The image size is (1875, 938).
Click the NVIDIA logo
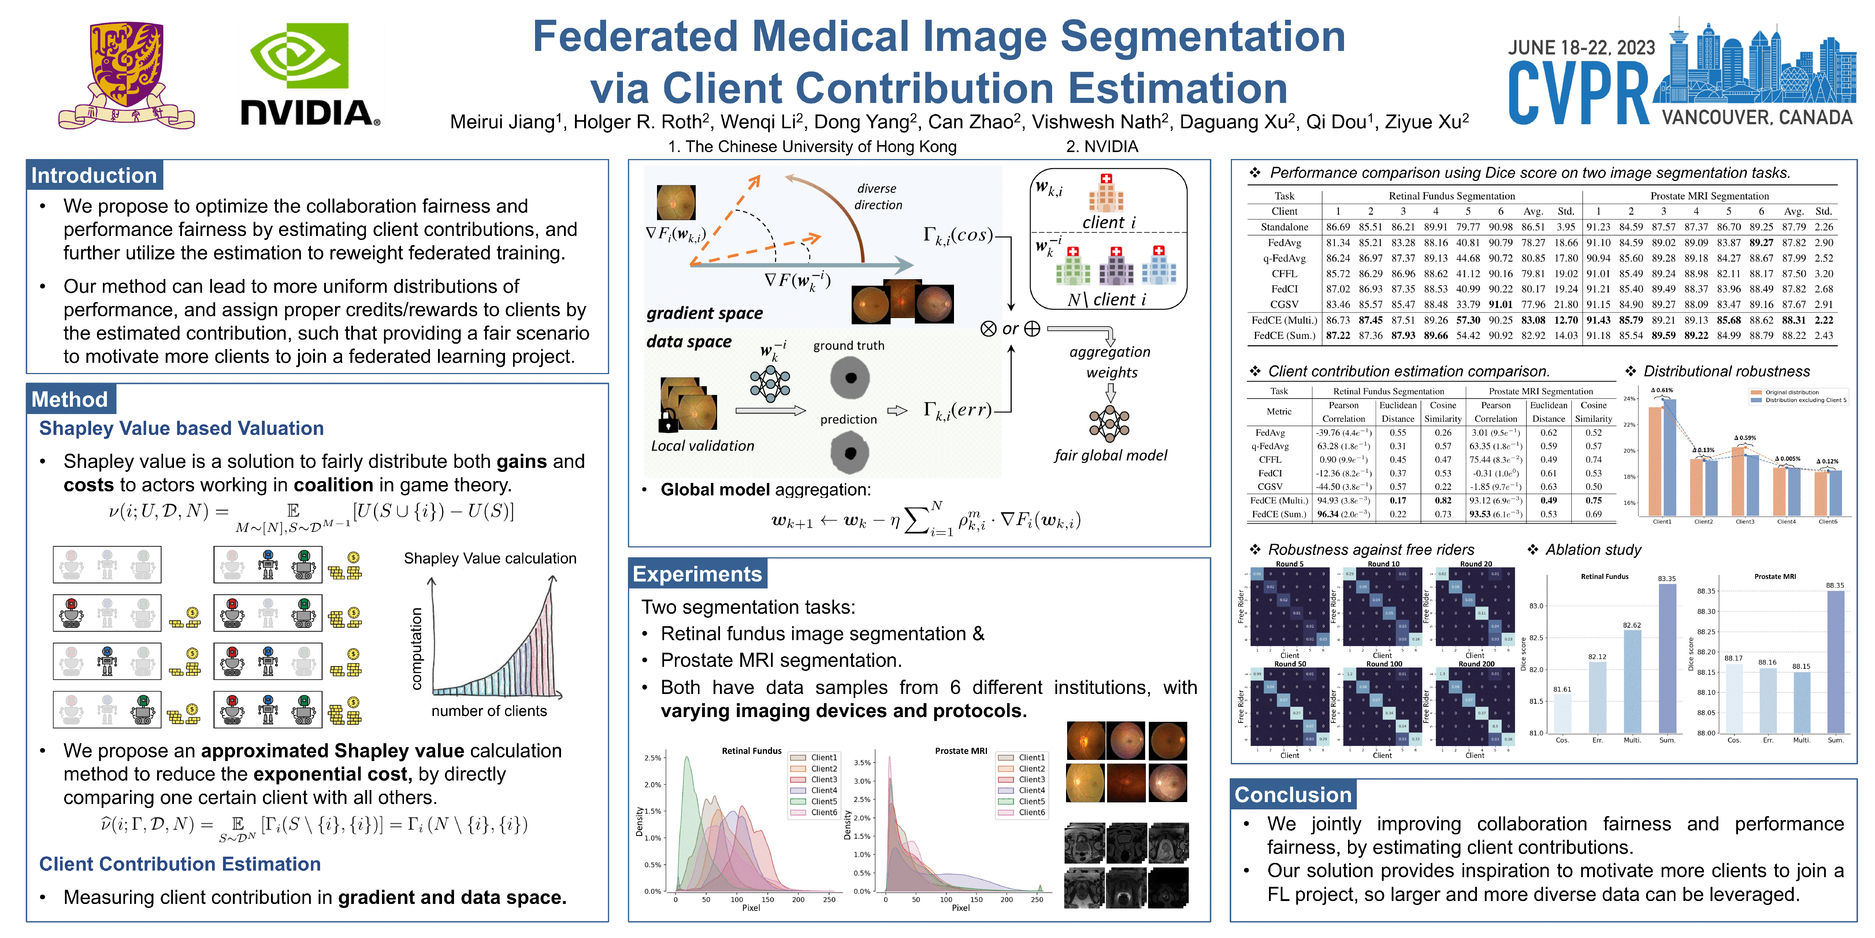[309, 73]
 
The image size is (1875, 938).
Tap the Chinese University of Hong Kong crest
[126, 73]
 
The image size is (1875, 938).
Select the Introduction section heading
[94, 176]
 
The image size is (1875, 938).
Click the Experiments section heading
[697, 574]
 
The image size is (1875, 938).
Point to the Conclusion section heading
[1293, 794]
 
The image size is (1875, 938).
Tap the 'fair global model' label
[1110, 455]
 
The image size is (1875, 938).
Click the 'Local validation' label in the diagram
[702, 446]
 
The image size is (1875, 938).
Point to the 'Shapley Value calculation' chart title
[490, 558]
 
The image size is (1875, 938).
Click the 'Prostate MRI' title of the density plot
[961, 751]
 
